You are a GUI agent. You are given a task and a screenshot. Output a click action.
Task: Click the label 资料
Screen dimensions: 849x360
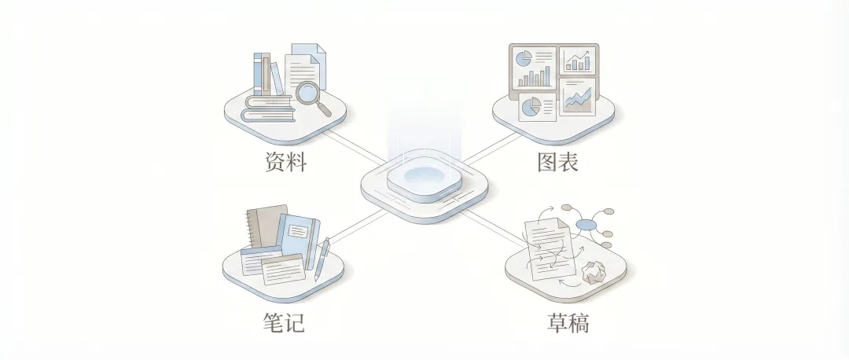(x=285, y=163)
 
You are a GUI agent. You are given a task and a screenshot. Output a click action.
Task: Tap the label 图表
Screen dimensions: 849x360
(x=557, y=163)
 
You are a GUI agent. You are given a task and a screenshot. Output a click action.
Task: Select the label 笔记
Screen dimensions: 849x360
(x=283, y=323)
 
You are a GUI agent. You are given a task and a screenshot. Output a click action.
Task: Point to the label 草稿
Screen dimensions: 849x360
(x=568, y=323)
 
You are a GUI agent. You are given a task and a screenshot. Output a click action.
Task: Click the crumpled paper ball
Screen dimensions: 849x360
(x=595, y=272)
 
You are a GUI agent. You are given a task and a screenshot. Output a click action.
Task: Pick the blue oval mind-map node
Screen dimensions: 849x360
(x=586, y=226)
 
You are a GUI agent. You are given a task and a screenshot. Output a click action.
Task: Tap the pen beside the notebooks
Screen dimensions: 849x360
(x=322, y=258)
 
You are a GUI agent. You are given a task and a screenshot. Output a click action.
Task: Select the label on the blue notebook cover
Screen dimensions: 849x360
(x=298, y=231)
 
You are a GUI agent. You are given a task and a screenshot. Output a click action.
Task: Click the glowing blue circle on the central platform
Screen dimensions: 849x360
(x=424, y=175)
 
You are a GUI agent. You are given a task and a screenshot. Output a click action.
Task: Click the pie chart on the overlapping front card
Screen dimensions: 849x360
(x=531, y=106)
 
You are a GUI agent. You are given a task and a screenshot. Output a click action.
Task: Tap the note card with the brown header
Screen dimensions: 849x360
(x=282, y=270)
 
